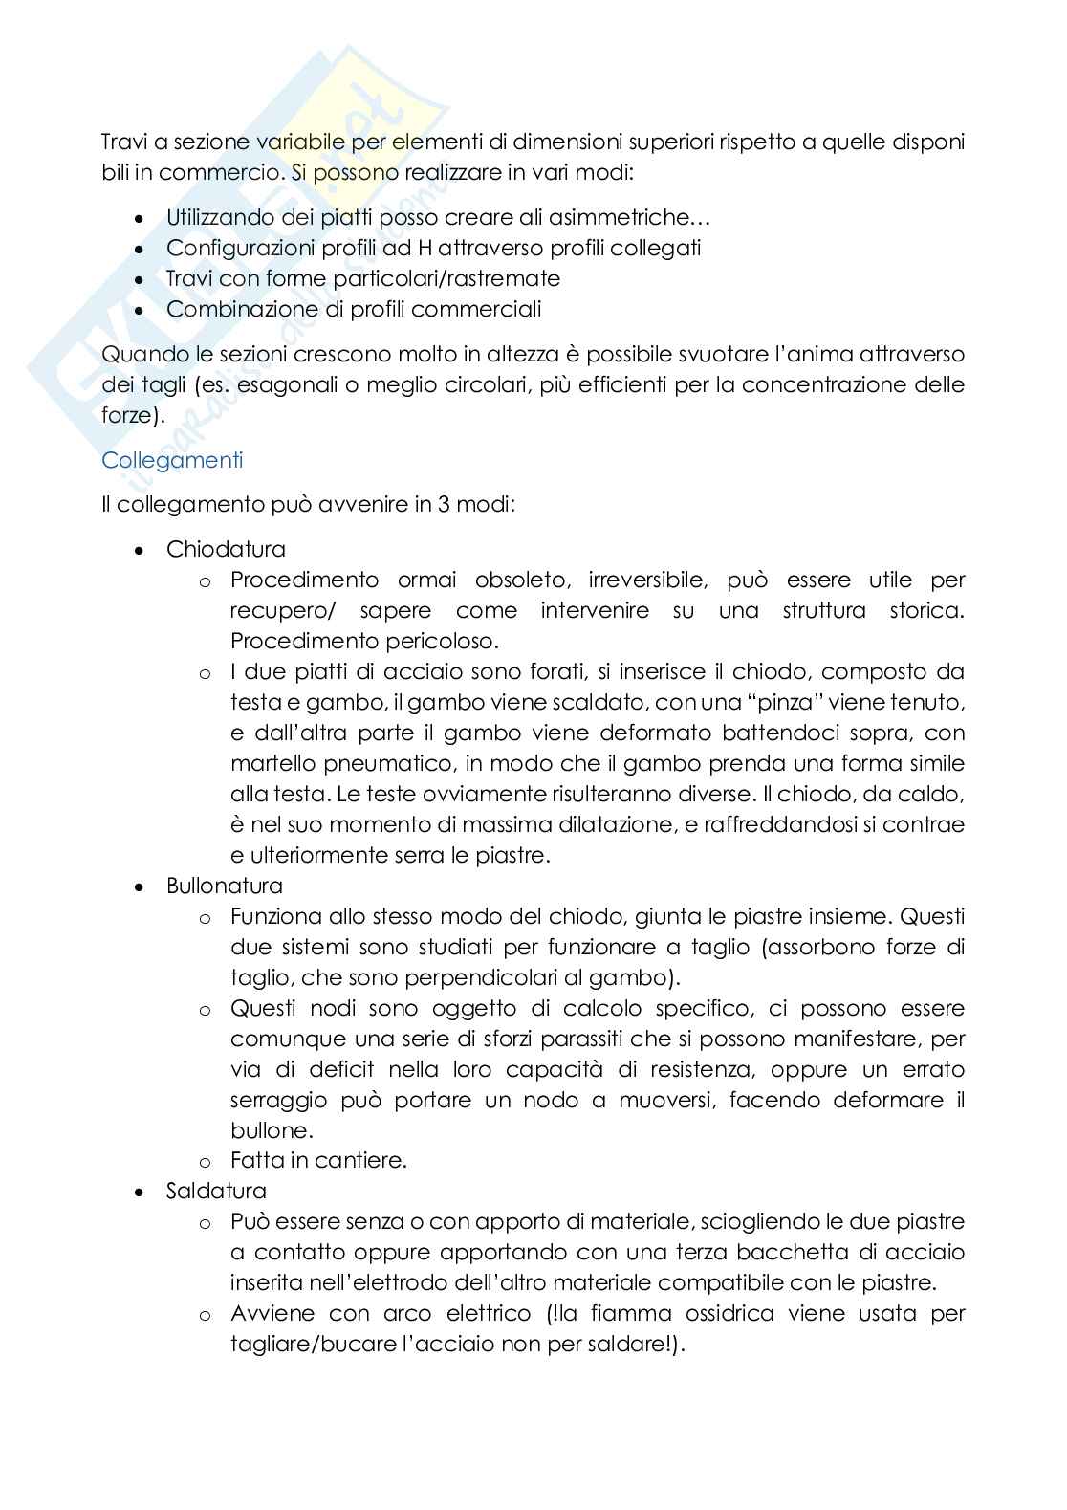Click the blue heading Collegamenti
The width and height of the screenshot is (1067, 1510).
[172, 460]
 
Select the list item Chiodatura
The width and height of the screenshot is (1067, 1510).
[226, 550]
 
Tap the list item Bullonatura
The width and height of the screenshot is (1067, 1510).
[225, 886]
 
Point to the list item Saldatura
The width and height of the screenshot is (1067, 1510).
[216, 1192]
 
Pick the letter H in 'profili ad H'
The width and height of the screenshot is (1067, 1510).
[425, 249]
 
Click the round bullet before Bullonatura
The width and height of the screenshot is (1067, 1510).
[141, 887]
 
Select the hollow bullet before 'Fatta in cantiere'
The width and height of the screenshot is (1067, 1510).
[204, 1163]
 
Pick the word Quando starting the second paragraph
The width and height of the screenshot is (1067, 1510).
[141, 355]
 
